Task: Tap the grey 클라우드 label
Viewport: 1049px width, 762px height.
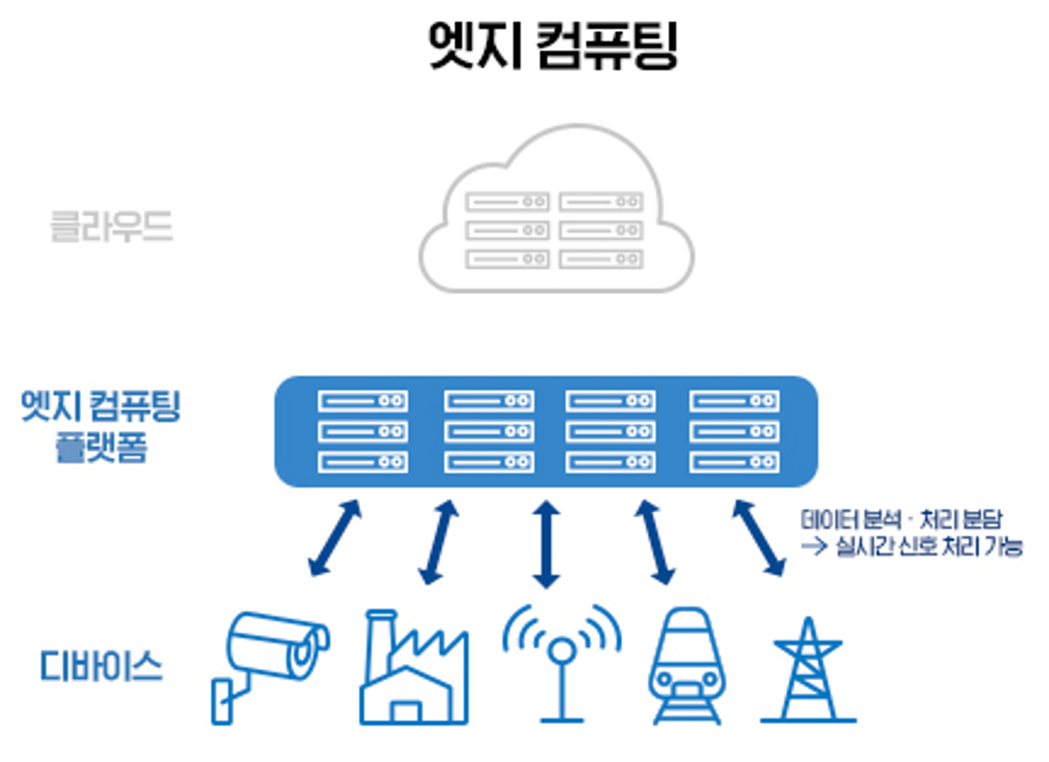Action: [112, 227]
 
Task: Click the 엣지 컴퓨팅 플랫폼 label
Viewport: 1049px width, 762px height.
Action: [101, 426]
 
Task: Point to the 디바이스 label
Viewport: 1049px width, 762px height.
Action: [101, 667]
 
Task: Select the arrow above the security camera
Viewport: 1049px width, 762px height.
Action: [335, 538]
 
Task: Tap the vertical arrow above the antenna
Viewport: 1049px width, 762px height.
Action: [546, 544]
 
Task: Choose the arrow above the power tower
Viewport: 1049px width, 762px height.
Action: [758, 538]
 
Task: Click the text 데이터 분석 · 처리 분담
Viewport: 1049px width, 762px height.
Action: [901, 520]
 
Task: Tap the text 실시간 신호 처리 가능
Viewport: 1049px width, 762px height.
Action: [929, 546]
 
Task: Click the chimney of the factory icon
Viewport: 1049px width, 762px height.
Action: [379, 632]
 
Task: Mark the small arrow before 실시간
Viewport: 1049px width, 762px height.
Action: [814, 546]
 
